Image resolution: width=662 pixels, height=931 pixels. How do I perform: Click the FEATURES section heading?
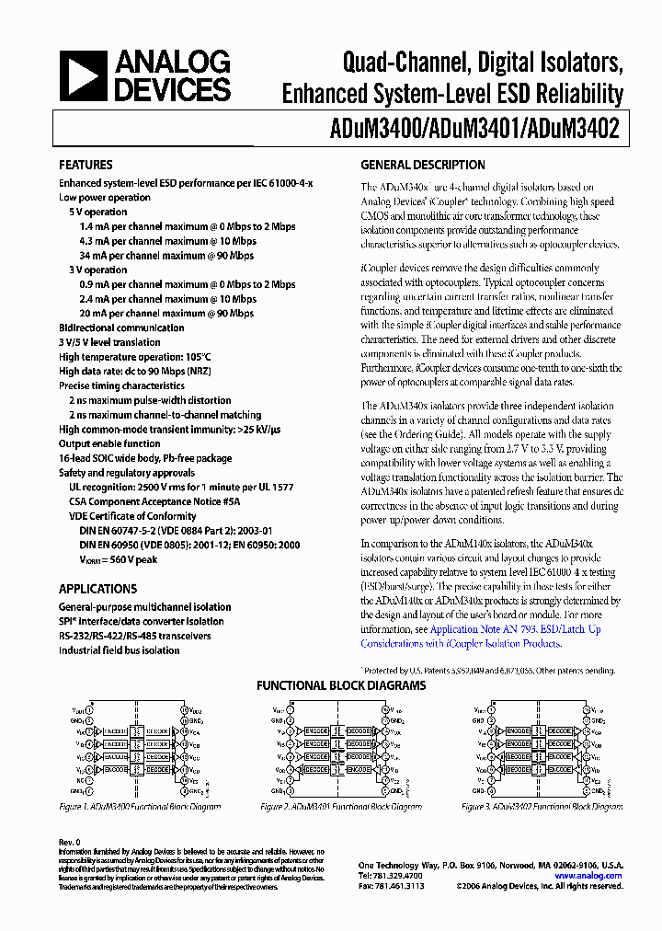(x=86, y=166)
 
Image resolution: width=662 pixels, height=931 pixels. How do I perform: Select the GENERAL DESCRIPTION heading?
(x=422, y=166)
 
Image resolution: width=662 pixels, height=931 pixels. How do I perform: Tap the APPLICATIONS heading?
(x=97, y=589)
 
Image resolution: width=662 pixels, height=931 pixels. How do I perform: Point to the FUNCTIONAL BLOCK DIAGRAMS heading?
(x=340, y=685)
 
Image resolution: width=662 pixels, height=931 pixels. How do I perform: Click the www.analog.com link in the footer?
(x=588, y=876)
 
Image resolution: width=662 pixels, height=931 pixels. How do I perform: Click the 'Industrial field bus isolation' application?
(x=119, y=650)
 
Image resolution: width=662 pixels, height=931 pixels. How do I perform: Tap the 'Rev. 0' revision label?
(x=70, y=842)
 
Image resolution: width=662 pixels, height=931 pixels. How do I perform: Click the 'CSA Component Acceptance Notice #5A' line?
(x=154, y=501)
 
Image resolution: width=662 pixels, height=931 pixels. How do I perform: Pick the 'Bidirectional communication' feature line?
(x=121, y=328)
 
